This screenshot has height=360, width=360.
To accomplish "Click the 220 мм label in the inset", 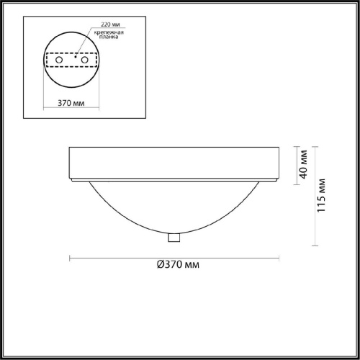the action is pos(110,24).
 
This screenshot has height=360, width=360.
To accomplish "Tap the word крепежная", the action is pos(109,32).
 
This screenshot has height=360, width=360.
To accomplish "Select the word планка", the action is pos(109,37).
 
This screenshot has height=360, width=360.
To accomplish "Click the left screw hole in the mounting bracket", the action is pos(59,60).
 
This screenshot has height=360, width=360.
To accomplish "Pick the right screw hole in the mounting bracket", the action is pos(84,60).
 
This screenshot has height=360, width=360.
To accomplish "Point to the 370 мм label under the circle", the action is pos(71,103).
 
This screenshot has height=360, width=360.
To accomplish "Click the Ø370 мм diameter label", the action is pos(178,264).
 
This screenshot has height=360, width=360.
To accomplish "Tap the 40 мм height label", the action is pos(303,164).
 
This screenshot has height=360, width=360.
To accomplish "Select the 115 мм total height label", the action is pos(321,195).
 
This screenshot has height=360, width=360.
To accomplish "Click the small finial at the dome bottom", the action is pos(174,238).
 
